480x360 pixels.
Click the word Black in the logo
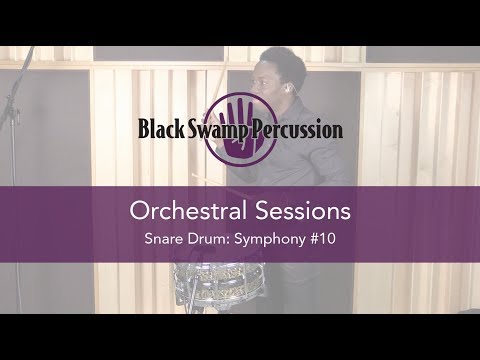pos(163,130)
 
